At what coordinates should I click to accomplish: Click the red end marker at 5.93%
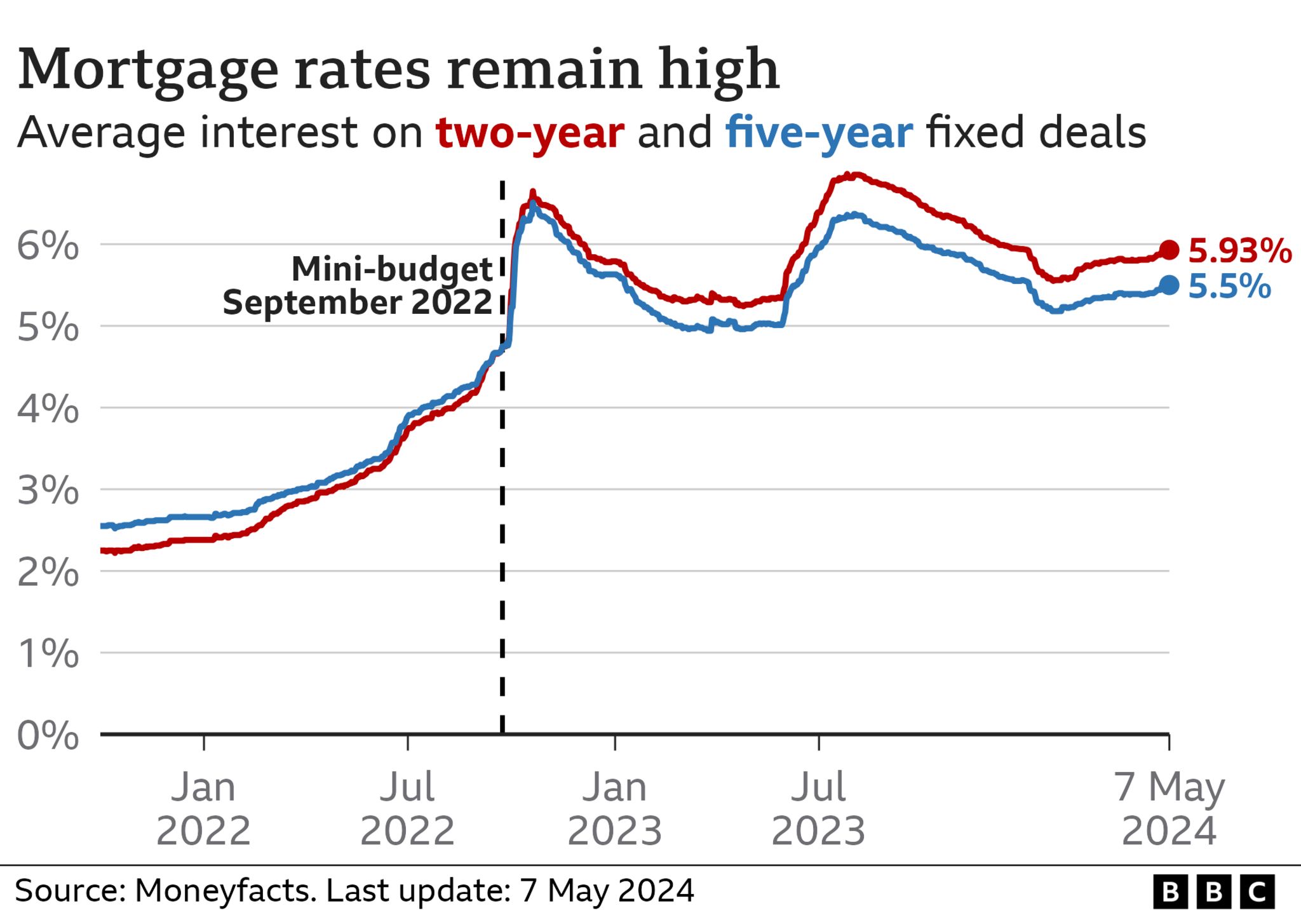point(1169,250)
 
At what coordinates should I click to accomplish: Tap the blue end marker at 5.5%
point(1169,285)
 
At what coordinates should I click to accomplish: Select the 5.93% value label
point(1239,250)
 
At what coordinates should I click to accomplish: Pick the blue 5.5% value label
point(1229,286)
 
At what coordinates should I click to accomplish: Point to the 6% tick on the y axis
point(48,245)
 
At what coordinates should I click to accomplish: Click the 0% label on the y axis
point(48,735)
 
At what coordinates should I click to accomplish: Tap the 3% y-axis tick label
point(48,491)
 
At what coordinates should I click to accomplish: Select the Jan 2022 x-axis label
point(203,808)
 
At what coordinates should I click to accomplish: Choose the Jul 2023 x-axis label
point(818,808)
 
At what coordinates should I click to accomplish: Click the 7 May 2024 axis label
point(1169,808)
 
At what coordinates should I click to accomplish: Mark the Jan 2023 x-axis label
point(614,808)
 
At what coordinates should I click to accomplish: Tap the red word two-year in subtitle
point(530,133)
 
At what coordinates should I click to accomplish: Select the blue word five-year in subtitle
point(819,133)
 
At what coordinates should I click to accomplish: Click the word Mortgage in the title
point(148,70)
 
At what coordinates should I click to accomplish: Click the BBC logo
point(1213,891)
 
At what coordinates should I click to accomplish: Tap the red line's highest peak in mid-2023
point(854,174)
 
